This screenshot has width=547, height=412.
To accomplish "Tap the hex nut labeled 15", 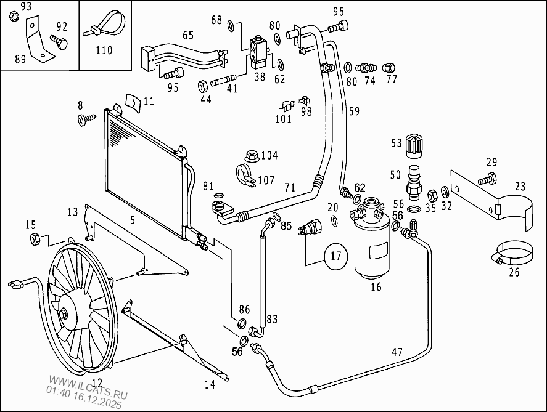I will (x=35, y=238).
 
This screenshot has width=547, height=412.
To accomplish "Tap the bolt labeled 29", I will (x=485, y=179).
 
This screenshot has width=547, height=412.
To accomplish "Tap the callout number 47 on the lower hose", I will (x=397, y=352).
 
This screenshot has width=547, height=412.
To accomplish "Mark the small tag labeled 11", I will (x=132, y=101).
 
